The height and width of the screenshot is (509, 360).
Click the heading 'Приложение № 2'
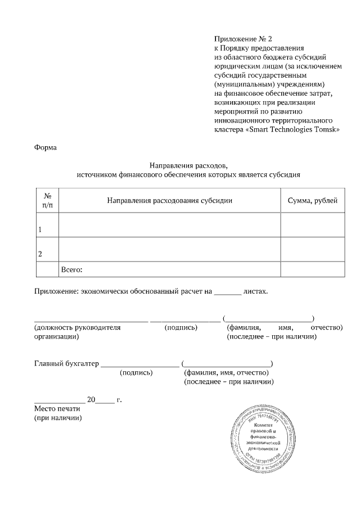click(x=242, y=39)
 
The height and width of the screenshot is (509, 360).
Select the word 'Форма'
click(x=45, y=148)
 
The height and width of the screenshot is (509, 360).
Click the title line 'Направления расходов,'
click(x=188, y=165)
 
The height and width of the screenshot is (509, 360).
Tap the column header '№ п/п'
click(x=47, y=201)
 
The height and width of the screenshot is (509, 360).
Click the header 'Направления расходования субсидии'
click(x=169, y=201)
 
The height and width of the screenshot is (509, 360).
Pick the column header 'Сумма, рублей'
click(x=312, y=201)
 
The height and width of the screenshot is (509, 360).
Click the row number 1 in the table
click(x=40, y=230)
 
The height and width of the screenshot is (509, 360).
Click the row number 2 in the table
click(x=40, y=254)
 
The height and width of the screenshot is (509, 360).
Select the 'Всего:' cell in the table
click(x=71, y=270)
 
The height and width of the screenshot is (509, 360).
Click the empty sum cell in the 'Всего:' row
click(x=312, y=270)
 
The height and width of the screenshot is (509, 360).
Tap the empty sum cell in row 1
click(x=312, y=225)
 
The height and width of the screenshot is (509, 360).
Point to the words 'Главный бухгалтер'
click(x=66, y=363)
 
